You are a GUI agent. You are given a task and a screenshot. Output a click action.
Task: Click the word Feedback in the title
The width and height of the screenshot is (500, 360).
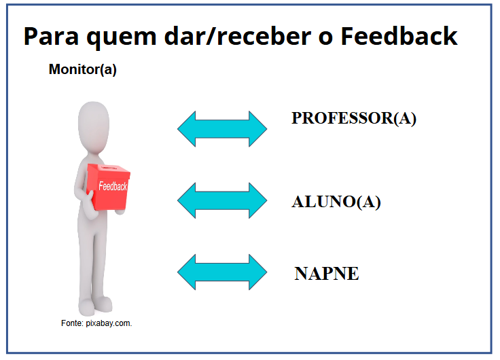click(x=399, y=36)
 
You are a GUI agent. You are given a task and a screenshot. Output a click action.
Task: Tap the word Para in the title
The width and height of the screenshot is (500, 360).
click(x=51, y=37)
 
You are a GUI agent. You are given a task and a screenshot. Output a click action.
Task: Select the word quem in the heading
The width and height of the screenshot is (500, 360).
click(x=122, y=38)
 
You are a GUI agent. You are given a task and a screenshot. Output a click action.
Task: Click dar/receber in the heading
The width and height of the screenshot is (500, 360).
click(x=238, y=37)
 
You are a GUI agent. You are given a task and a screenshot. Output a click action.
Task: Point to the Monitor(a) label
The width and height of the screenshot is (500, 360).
click(x=83, y=69)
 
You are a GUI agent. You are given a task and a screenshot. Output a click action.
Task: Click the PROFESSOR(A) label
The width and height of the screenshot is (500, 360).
click(x=354, y=118)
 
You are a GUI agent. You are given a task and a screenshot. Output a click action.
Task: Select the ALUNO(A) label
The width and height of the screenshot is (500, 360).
click(x=336, y=202)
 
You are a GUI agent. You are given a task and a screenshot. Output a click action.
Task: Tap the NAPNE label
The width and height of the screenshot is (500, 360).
click(x=327, y=274)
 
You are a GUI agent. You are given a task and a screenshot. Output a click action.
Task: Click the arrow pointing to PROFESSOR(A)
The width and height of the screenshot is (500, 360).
click(x=222, y=129)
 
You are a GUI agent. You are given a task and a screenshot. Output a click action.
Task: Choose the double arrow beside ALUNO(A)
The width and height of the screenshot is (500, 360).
click(x=222, y=200)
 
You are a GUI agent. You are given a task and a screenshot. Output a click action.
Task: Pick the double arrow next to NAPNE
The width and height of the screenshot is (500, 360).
click(x=222, y=272)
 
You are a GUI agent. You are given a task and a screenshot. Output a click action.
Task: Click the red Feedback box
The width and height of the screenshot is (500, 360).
click(x=108, y=187)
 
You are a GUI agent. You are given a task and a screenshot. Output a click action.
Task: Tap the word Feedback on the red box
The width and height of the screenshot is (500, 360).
click(x=113, y=186)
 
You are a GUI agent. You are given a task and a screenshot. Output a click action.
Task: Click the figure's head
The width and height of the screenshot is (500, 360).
click(x=94, y=126)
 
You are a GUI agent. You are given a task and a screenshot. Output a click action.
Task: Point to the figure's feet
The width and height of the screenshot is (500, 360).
click(x=95, y=306)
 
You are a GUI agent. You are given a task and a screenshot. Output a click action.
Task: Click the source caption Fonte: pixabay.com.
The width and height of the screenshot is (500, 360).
click(x=96, y=323)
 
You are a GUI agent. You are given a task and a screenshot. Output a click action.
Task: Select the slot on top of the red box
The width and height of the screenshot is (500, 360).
click(x=108, y=167)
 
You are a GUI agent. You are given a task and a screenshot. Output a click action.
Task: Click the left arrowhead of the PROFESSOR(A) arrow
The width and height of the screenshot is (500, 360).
click(x=187, y=129)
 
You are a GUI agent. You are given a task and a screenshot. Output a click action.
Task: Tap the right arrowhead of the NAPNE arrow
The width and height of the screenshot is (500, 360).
click(x=258, y=272)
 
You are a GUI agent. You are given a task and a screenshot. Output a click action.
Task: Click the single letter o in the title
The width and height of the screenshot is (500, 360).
click(x=325, y=38)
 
